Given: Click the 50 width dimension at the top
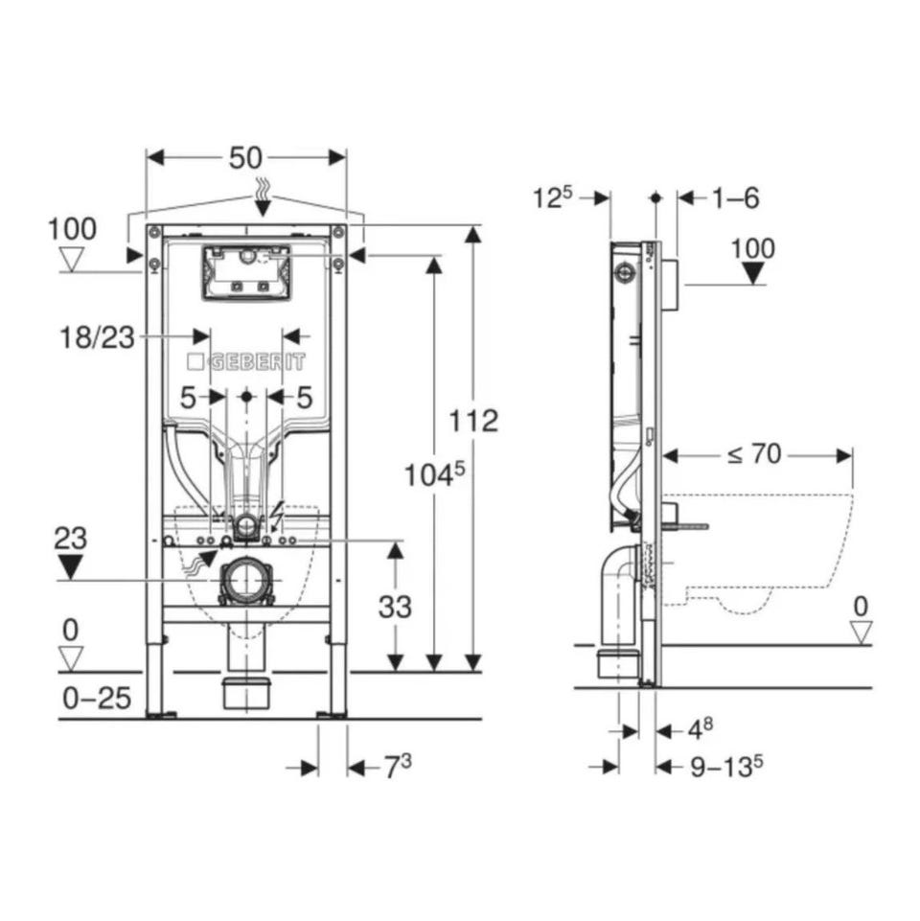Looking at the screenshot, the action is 245,157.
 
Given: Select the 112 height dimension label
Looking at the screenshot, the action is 473,421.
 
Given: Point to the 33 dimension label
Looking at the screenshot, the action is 395,607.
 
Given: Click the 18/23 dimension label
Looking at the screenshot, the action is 98,337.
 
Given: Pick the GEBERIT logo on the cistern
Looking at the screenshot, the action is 246,362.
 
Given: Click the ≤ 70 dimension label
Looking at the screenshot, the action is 754,454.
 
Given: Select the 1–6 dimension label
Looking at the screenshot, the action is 736,198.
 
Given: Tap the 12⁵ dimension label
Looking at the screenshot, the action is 552,198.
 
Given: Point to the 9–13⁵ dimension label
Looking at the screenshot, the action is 726,766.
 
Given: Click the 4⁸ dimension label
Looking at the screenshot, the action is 701,729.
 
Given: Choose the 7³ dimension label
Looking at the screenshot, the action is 398,767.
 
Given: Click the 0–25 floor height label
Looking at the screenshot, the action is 97,699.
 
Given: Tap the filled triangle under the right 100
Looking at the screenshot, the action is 752,273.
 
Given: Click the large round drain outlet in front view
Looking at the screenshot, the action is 246,581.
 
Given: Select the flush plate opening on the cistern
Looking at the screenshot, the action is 246,273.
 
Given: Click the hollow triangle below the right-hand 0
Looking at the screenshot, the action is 862,633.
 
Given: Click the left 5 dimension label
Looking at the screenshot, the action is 187,399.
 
